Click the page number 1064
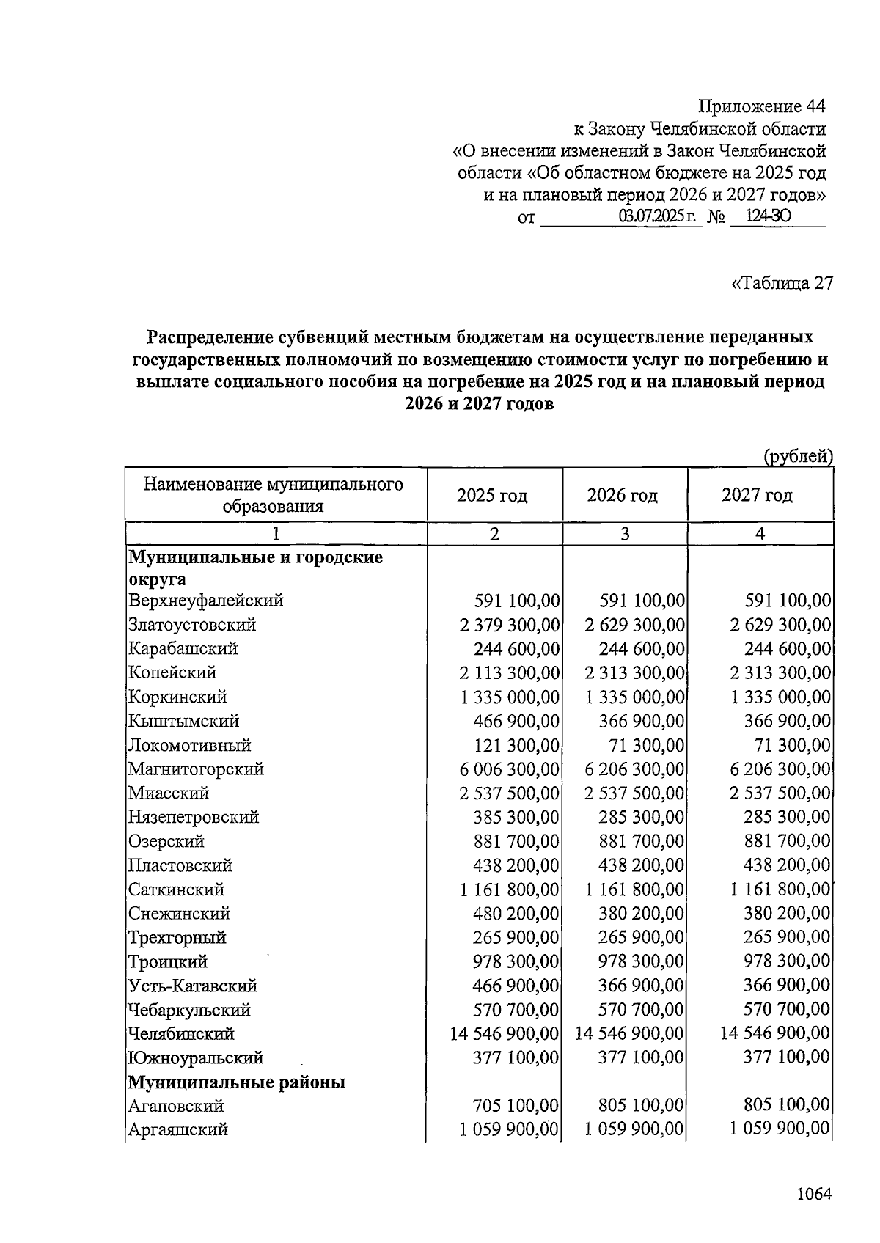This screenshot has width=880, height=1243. tap(813, 1194)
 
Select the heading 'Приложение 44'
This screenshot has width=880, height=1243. tap(761, 106)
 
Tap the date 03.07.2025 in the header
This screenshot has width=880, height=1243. tap(658, 216)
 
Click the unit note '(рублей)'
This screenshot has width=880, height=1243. tap(797, 456)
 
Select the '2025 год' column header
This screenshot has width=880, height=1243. tap(492, 495)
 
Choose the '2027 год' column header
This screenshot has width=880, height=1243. tap(757, 495)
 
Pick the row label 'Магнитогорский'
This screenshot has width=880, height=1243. tap(196, 769)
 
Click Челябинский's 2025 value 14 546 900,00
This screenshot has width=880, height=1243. tap(505, 1033)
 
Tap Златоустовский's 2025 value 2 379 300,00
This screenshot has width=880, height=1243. tap(510, 625)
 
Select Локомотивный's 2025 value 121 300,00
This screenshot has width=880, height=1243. tap(516, 745)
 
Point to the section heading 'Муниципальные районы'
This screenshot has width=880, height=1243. tap(237, 1082)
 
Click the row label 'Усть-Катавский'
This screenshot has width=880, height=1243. tap(192, 986)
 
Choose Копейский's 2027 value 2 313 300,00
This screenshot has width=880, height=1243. tap(780, 672)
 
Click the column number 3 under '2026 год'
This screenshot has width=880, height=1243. tap(625, 533)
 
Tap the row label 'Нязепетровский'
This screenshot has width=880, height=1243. tap(194, 817)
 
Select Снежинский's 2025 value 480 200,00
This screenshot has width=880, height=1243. tap(516, 913)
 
